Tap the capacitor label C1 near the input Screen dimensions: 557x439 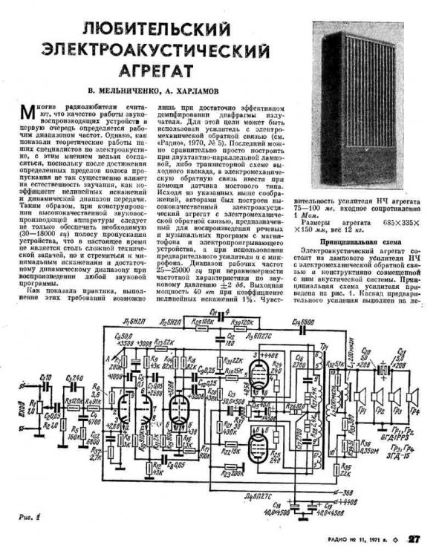[x=45, y=379]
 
